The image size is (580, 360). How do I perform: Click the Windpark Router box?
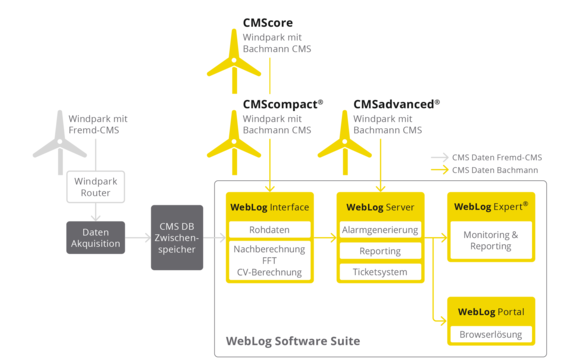point(95,186)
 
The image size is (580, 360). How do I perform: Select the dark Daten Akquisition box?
point(95,237)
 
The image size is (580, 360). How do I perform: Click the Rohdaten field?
point(269,230)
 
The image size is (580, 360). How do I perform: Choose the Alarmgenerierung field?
point(379,230)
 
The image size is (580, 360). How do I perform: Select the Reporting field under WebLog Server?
point(379,251)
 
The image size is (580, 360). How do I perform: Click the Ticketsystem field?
point(379,272)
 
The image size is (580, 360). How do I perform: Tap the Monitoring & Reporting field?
point(490,240)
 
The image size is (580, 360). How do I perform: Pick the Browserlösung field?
point(490,333)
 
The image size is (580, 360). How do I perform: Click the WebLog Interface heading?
point(269,207)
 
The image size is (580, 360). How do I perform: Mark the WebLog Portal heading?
point(490,311)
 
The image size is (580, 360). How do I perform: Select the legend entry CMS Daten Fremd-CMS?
point(496,157)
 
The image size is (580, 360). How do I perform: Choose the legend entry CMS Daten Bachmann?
point(495,170)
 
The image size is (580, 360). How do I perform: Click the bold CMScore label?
point(268,22)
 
